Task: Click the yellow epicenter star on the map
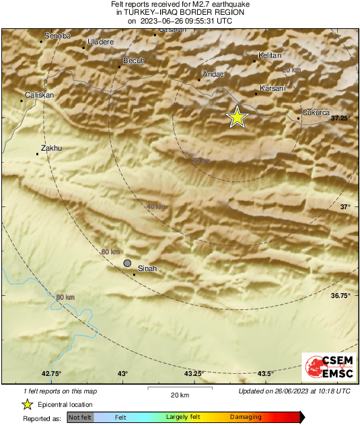pos(237,117)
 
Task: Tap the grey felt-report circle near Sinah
pos(127,263)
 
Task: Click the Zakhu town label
pos(51,147)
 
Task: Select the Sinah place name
pos(147,268)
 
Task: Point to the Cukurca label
pos(316,112)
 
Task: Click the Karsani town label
pos(273,88)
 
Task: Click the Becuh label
pos(133,61)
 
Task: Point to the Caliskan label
pos(39,95)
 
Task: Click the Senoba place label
pos(57,36)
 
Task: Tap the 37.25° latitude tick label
pos(341,118)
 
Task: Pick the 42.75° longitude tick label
pos(51,374)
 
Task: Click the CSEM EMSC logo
pos(325,368)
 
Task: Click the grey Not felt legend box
pos(80,418)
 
